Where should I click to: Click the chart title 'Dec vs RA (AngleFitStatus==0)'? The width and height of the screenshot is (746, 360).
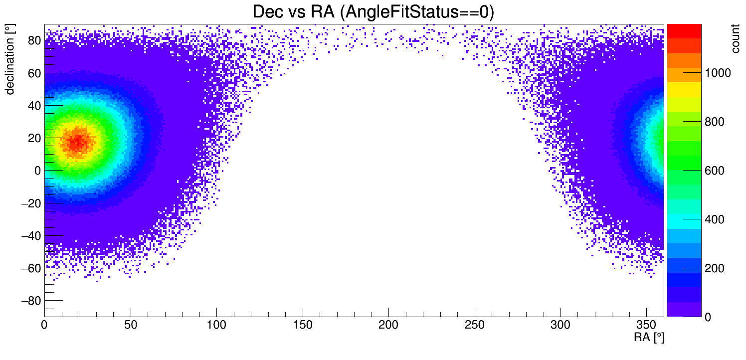coord(373,12)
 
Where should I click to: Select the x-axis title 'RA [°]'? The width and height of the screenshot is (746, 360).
coord(649,338)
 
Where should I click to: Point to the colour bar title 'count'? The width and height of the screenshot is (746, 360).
coord(735,40)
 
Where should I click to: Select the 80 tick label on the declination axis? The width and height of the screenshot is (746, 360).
coord(34,40)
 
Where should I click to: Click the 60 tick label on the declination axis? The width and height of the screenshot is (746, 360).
coord(34,73)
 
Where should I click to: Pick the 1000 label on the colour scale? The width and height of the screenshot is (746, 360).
coord(718,73)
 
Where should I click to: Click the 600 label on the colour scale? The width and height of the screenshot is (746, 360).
coord(715,171)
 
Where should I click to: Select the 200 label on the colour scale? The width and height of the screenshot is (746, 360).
coord(715,269)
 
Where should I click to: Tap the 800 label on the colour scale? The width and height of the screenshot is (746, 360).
coord(715,122)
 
